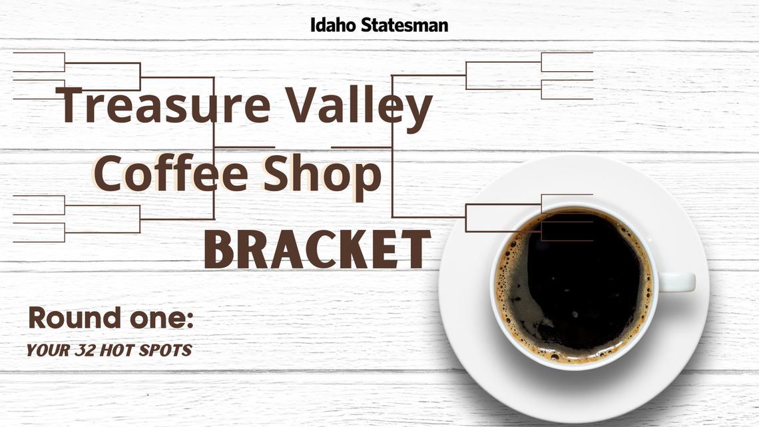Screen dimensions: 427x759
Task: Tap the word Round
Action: tap(69, 318)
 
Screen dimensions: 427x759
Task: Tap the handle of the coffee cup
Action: tap(678, 282)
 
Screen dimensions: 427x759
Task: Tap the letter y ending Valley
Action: tap(418, 111)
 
